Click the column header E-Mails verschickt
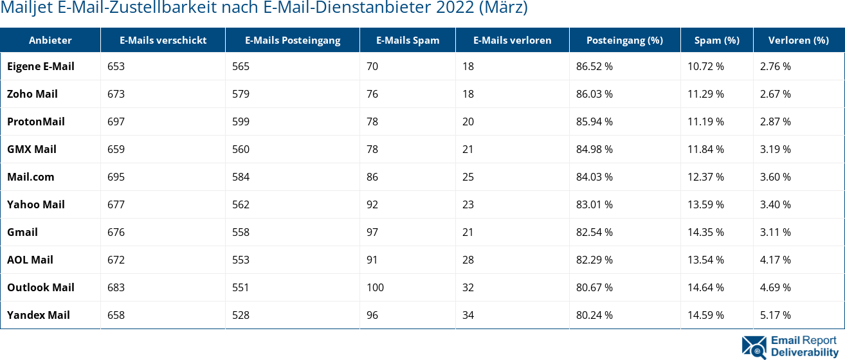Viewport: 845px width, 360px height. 163,40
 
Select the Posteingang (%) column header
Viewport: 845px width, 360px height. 624,40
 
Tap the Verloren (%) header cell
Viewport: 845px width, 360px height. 798,40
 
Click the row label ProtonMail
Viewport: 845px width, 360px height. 36,122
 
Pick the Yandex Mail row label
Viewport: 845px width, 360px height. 39,315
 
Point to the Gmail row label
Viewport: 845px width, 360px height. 23,232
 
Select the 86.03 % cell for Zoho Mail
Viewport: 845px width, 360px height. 594,94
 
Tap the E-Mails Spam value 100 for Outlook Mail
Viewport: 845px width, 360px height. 375,287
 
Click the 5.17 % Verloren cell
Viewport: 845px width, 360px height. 775,315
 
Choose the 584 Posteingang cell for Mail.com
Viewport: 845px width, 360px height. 241,177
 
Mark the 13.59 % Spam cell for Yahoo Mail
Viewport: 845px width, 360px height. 705,204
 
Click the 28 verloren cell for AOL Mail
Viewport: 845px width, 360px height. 468,260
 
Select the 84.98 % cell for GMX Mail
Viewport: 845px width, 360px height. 594,149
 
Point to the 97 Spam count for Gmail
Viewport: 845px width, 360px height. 372,232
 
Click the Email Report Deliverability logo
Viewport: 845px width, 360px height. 790,346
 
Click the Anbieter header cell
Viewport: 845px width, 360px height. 50,40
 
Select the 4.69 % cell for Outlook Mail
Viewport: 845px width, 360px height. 775,287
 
